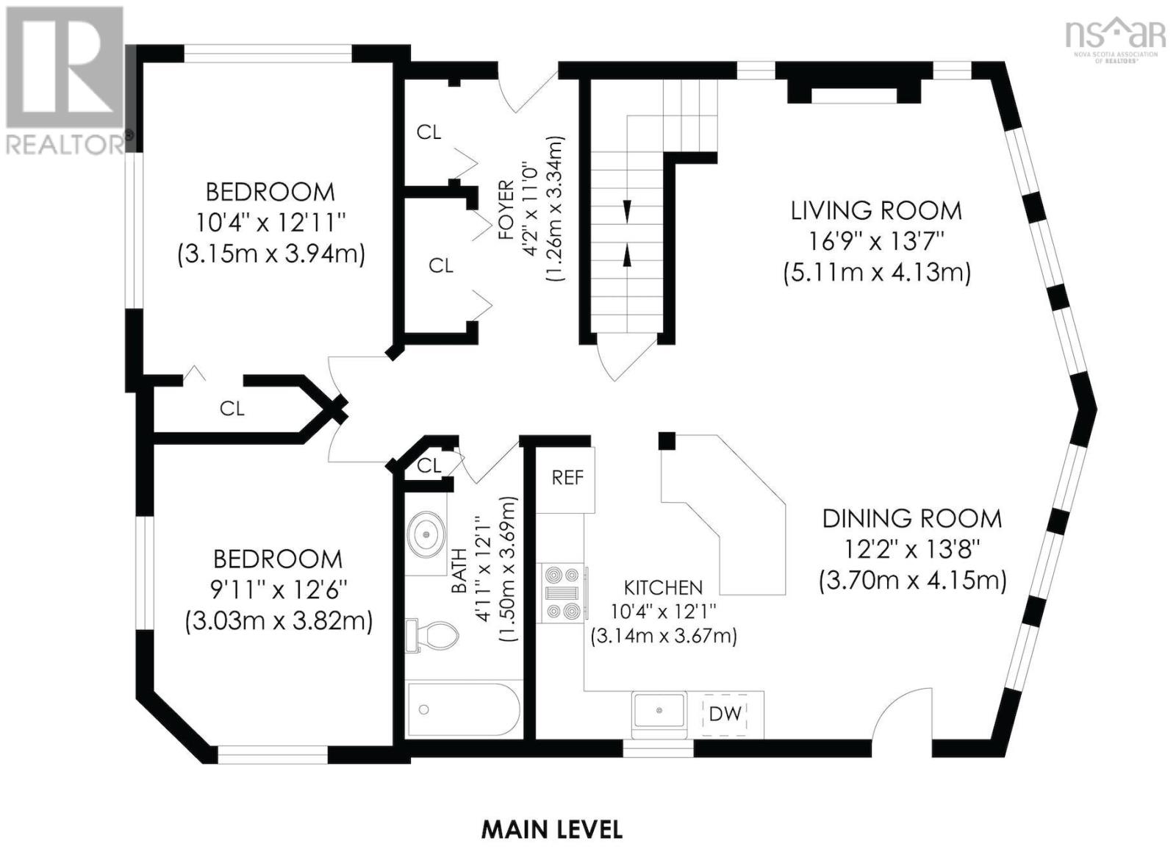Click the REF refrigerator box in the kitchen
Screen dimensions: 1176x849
point(565,479)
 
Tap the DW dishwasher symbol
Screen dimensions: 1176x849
point(725,714)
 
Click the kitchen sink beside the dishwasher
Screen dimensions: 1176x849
point(660,710)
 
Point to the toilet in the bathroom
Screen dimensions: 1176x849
point(431,635)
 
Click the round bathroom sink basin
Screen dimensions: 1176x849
point(426,534)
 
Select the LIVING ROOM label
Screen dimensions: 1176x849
point(876,210)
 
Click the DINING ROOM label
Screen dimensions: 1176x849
point(912,519)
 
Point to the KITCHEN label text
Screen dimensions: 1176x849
point(663,587)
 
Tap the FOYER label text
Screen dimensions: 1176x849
point(506,210)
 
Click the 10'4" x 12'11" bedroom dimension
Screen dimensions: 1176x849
point(270,223)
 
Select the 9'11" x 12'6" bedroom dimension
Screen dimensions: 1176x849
point(279,590)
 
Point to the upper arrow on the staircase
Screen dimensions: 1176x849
point(627,211)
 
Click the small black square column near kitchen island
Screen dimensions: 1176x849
point(667,440)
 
